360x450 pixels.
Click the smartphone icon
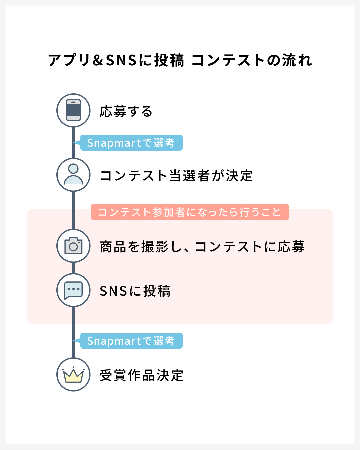point(73,110)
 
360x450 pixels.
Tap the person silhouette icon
point(73,174)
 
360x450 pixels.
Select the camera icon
point(73,245)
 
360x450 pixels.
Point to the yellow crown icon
point(73,375)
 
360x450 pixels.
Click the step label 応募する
point(126,111)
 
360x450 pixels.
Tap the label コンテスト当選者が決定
point(176,175)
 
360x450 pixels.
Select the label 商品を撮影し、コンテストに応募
point(202,247)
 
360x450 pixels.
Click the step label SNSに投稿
point(135,291)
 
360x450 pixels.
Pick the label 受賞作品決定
point(142,375)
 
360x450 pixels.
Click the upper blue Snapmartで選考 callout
point(131,143)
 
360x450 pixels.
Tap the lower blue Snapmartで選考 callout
point(131,341)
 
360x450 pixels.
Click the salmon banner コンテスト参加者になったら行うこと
point(190,212)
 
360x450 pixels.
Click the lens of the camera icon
point(73,247)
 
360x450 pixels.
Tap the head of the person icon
point(73,169)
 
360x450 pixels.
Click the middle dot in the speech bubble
point(73,289)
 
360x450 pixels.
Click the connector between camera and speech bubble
point(73,268)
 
